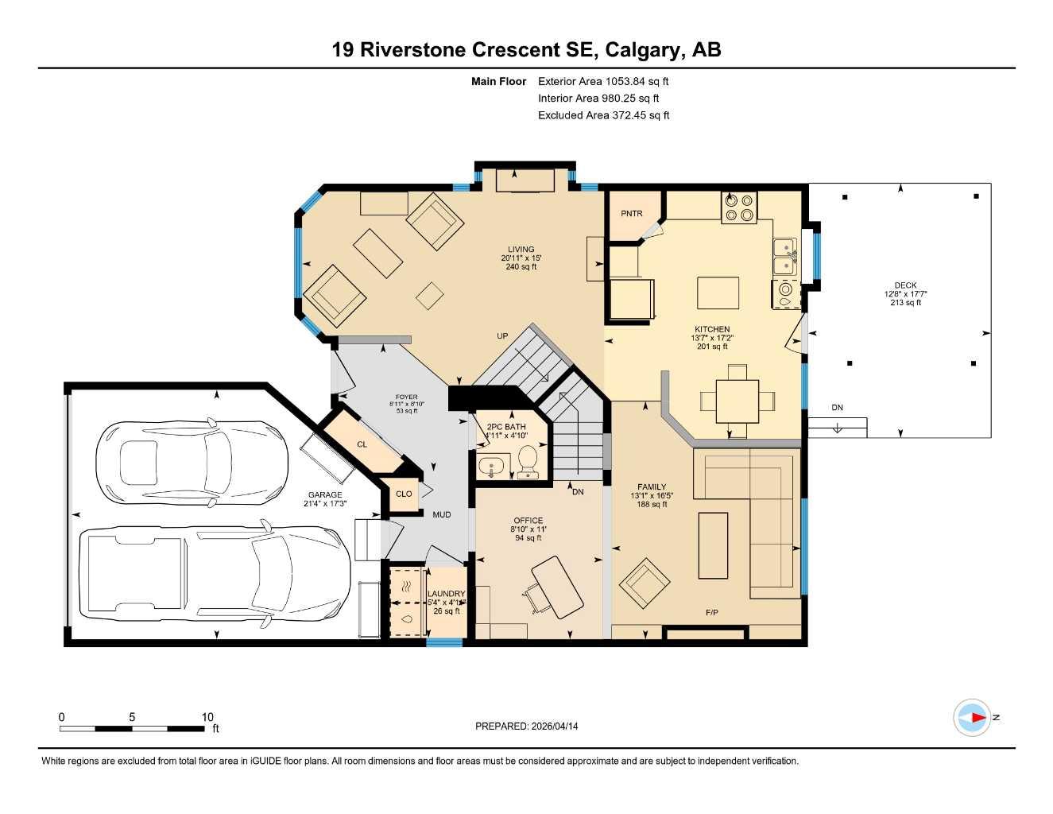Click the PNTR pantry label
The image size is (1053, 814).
(632, 213)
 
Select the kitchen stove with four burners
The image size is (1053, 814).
(738, 207)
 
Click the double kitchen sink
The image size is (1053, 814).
(785, 256)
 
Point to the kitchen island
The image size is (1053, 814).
(718, 293)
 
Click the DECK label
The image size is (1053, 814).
(905, 285)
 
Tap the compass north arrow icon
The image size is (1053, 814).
(973, 718)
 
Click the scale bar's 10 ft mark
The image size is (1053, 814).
(207, 717)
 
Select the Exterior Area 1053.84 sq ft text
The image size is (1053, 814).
(603, 81)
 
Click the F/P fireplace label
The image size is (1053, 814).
(711, 612)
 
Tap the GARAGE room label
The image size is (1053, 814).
(325, 494)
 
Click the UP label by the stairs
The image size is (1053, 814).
(502, 336)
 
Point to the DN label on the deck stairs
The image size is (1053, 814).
(837, 408)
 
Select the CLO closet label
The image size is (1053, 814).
(404, 494)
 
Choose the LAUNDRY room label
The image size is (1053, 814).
(446, 594)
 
